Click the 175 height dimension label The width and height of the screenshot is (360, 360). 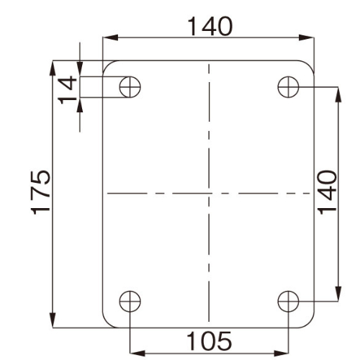click(x=41, y=192)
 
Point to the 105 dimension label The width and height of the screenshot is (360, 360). click(x=210, y=341)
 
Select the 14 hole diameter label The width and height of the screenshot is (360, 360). click(x=68, y=90)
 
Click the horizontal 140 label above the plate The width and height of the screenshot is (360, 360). click(x=210, y=27)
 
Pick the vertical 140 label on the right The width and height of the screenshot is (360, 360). click(x=327, y=192)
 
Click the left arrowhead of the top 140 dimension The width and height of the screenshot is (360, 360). click(x=110, y=37)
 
